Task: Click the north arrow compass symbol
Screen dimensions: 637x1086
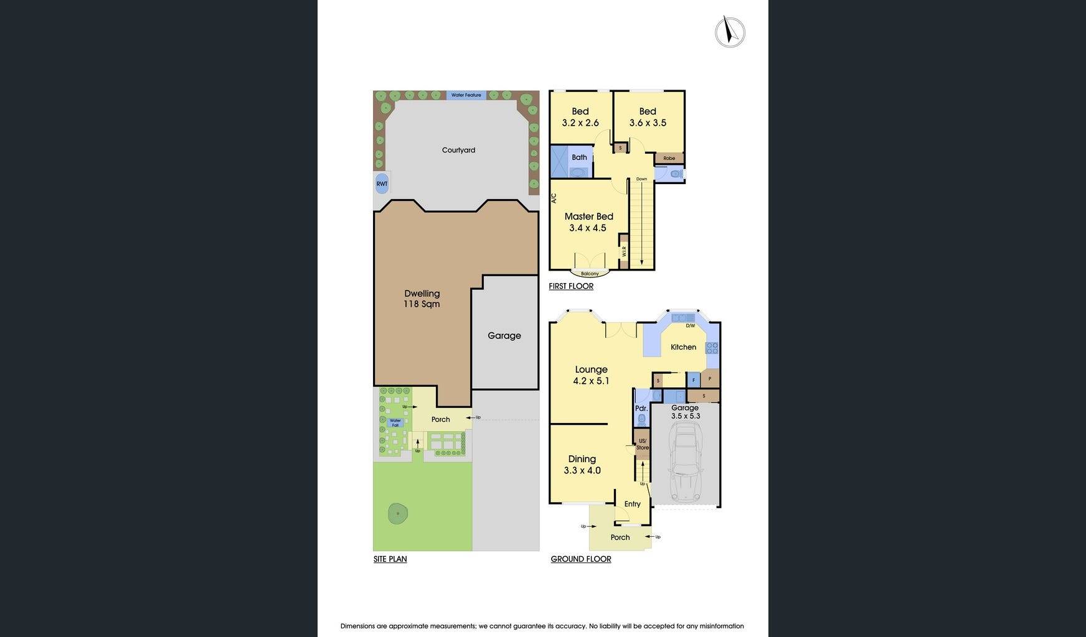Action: pyautogui.click(x=730, y=32)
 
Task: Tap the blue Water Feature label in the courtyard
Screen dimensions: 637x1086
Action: pyautogui.click(x=466, y=95)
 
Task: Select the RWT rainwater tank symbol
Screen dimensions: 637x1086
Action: pyautogui.click(x=382, y=184)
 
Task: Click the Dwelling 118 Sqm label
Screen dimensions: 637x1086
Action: pyautogui.click(x=422, y=299)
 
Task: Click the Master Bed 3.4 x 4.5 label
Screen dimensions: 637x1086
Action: pyautogui.click(x=588, y=222)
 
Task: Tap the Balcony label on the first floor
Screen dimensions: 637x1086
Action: pyautogui.click(x=590, y=274)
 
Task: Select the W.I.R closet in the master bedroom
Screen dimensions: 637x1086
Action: pyautogui.click(x=623, y=251)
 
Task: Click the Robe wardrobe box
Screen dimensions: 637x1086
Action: pyautogui.click(x=669, y=158)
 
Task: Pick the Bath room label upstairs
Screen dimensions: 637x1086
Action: pyautogui.click(x=579, y=157)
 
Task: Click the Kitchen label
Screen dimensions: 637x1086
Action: pyautogui.click(x=683, y=347)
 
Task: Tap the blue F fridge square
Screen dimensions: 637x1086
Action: pyautogui.click(x=693, y=379)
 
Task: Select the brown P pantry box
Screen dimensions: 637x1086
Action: pyautogui.click(x=710, y=378)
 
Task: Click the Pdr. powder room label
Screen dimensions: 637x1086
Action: pyautogui.click(x=641, y=409)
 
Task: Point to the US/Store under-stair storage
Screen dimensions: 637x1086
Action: pyautogui.click(x=642, y=444)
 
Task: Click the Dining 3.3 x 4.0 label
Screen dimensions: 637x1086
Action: pyautogui.click(x=582, y=465)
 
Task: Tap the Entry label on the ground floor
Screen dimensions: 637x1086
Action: pyautogui.click(x=632, y=504)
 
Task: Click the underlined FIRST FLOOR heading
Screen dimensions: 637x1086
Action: pyautogui.click(x=571, y=286)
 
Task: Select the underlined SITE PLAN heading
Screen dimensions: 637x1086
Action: pyautogui.click(x=390, y=559)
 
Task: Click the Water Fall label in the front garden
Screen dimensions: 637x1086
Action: pyautogui.click(x=395, y=422)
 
